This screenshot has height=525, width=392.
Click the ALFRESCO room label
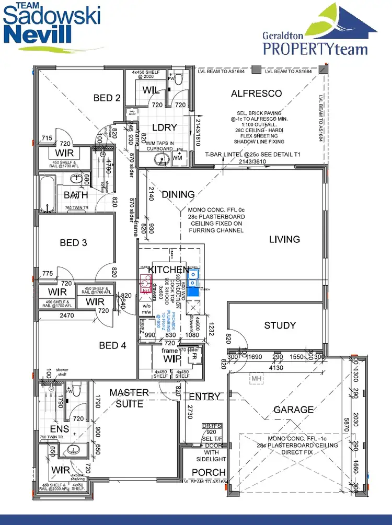point(256,94)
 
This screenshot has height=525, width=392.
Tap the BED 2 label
point(107,98)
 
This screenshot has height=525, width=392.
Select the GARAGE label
point(294,410)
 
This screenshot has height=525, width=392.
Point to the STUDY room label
point(280,325)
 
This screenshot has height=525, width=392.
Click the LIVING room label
point(284,239)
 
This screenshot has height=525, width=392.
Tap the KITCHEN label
point(168,270)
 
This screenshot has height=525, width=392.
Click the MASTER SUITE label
point(129,398)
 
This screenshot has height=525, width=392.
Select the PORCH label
point(208,472)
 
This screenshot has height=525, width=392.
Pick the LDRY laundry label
point(164,127)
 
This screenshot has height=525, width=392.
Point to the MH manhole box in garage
point(256,378)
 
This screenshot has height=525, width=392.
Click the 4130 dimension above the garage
point(275,367)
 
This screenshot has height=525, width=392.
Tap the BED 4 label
point(112,345)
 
